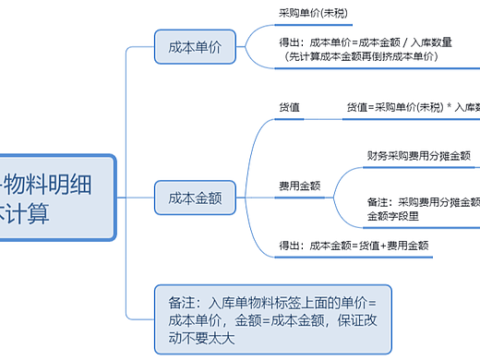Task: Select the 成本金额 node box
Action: point(195,196)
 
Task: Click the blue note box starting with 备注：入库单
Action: point(272,319)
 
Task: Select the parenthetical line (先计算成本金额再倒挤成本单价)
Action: point(361,56)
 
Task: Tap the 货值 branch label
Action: point(289,107)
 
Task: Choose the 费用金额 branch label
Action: point(299,186)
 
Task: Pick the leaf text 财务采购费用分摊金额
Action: point(418,155)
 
